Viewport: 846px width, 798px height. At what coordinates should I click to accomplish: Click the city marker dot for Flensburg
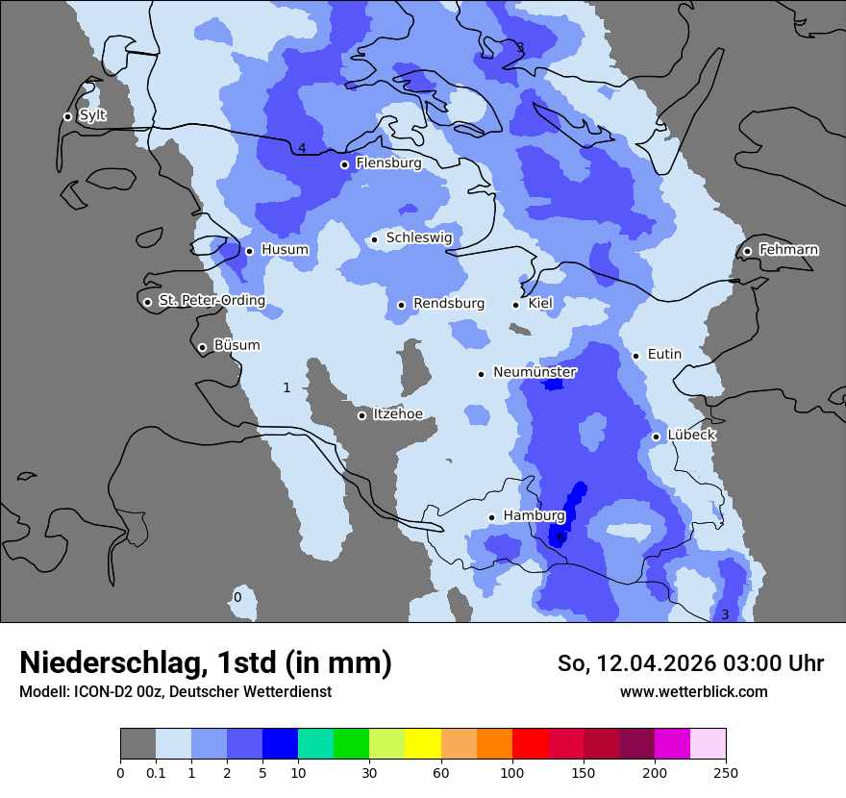(344, 164)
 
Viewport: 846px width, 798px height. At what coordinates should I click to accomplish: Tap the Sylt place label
(92, 115)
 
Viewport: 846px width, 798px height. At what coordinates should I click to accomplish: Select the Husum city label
(285, 250)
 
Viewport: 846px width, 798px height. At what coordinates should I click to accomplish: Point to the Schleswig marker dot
(374, 239)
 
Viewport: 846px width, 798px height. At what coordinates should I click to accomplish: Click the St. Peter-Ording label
(211, 301)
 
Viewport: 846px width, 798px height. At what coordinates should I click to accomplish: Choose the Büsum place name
(236, 345)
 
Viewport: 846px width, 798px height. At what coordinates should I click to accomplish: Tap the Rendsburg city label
(448, 304)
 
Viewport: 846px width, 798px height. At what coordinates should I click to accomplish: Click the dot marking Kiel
(515, 305)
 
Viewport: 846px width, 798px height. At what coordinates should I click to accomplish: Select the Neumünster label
(535, 372)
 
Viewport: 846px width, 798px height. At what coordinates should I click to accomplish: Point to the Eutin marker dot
(635, 356)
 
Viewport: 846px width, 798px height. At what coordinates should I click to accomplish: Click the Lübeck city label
(691, 435)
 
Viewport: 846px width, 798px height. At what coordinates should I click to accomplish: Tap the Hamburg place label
(534, 516)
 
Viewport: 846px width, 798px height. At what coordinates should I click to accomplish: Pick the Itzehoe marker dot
(361, 415)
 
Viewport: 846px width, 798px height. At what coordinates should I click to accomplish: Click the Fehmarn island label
(788, 250)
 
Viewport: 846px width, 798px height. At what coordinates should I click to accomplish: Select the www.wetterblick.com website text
(693, 691)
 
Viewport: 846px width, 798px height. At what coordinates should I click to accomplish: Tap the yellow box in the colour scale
(423, 744)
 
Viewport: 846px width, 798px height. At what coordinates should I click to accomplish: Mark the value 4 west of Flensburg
(302, 148)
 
